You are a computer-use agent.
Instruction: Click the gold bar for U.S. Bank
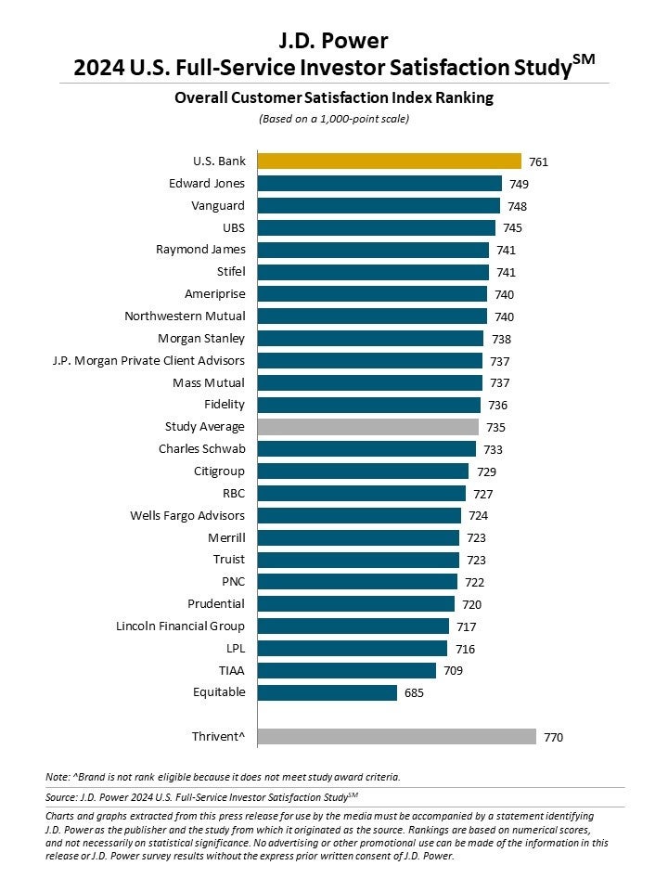click(x=389, y=161)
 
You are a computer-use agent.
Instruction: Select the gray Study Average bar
click(x=367, y=427)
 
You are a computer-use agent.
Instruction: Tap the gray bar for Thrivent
click(x=396, y=737)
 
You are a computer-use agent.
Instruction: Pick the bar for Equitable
click(x=327, y=692)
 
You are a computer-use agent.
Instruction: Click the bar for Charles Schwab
click(x=366, y=449)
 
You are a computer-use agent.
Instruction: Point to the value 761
click(x=539, y=161)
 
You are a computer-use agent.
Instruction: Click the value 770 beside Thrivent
click(x=554, y=738)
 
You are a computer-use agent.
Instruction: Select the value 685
click(x=415, y=693)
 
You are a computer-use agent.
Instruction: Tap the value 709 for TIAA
click(x=453, y=671)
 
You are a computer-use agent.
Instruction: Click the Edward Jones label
click(x=206, y=183)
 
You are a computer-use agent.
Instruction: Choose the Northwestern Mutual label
click(x=185, y=316)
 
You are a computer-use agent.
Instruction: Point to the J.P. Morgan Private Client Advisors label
click(x=148, y=360)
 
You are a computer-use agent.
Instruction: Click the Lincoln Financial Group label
click(x=180, y=626)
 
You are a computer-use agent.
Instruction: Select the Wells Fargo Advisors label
click(x=187, y=515)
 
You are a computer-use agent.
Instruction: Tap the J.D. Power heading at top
click(x=333, y=40)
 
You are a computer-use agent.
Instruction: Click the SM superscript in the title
click(x=584, y=59)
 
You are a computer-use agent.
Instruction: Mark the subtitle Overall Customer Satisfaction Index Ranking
click(x=333, y=97)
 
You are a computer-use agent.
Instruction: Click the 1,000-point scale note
click(x=333, y=119)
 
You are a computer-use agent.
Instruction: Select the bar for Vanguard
click(x=379, y=205)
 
